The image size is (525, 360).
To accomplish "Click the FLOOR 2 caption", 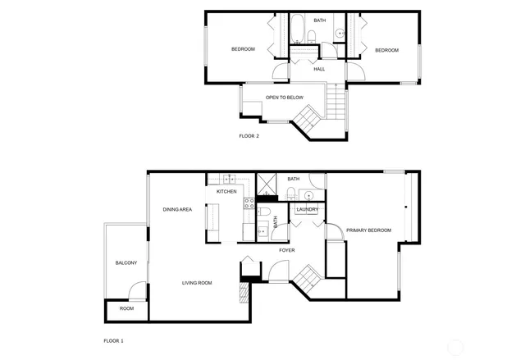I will tap(249, 135).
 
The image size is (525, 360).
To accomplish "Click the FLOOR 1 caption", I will tap(113, 340).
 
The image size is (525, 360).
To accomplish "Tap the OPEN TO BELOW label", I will tap(284, 98).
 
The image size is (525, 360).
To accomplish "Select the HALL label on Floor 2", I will tap(319, 69).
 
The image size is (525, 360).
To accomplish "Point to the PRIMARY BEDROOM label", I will tap(368, 230).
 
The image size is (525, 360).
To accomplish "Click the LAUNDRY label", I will tap(308, 209).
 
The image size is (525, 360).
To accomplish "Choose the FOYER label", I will tap(286, 249).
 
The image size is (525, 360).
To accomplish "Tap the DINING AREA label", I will tap(177, 210).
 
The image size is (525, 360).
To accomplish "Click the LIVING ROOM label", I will tap(197, 283).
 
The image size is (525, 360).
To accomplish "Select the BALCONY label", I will tap(126, 262).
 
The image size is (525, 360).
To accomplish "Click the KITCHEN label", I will tap(226, 191).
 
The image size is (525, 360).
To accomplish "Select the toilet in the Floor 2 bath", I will tap(312, 34).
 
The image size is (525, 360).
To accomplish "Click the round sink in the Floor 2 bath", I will tap(338, 34).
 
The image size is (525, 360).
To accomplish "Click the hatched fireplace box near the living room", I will tap(244, 290).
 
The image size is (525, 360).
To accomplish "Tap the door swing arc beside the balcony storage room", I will tap(139, 290).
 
